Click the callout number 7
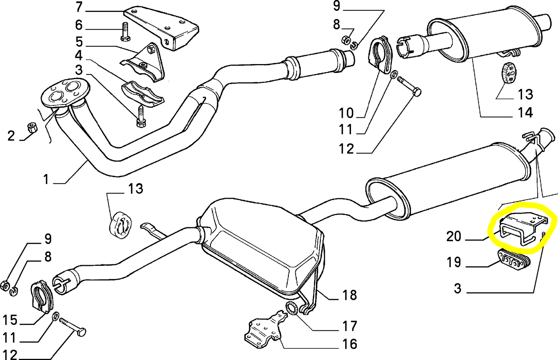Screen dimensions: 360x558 (x=79, y=7)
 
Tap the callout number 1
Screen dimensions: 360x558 (x=46, y=179)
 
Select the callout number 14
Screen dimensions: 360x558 (x=525, y=113)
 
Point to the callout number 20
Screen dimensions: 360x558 (x=454, y=236)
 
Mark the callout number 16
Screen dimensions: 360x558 (x=349, y=344)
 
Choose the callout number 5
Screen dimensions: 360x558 (x=79, y=41)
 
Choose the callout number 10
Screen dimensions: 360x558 (x=346, y=113)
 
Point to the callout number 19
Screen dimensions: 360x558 (x=454, y=262)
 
